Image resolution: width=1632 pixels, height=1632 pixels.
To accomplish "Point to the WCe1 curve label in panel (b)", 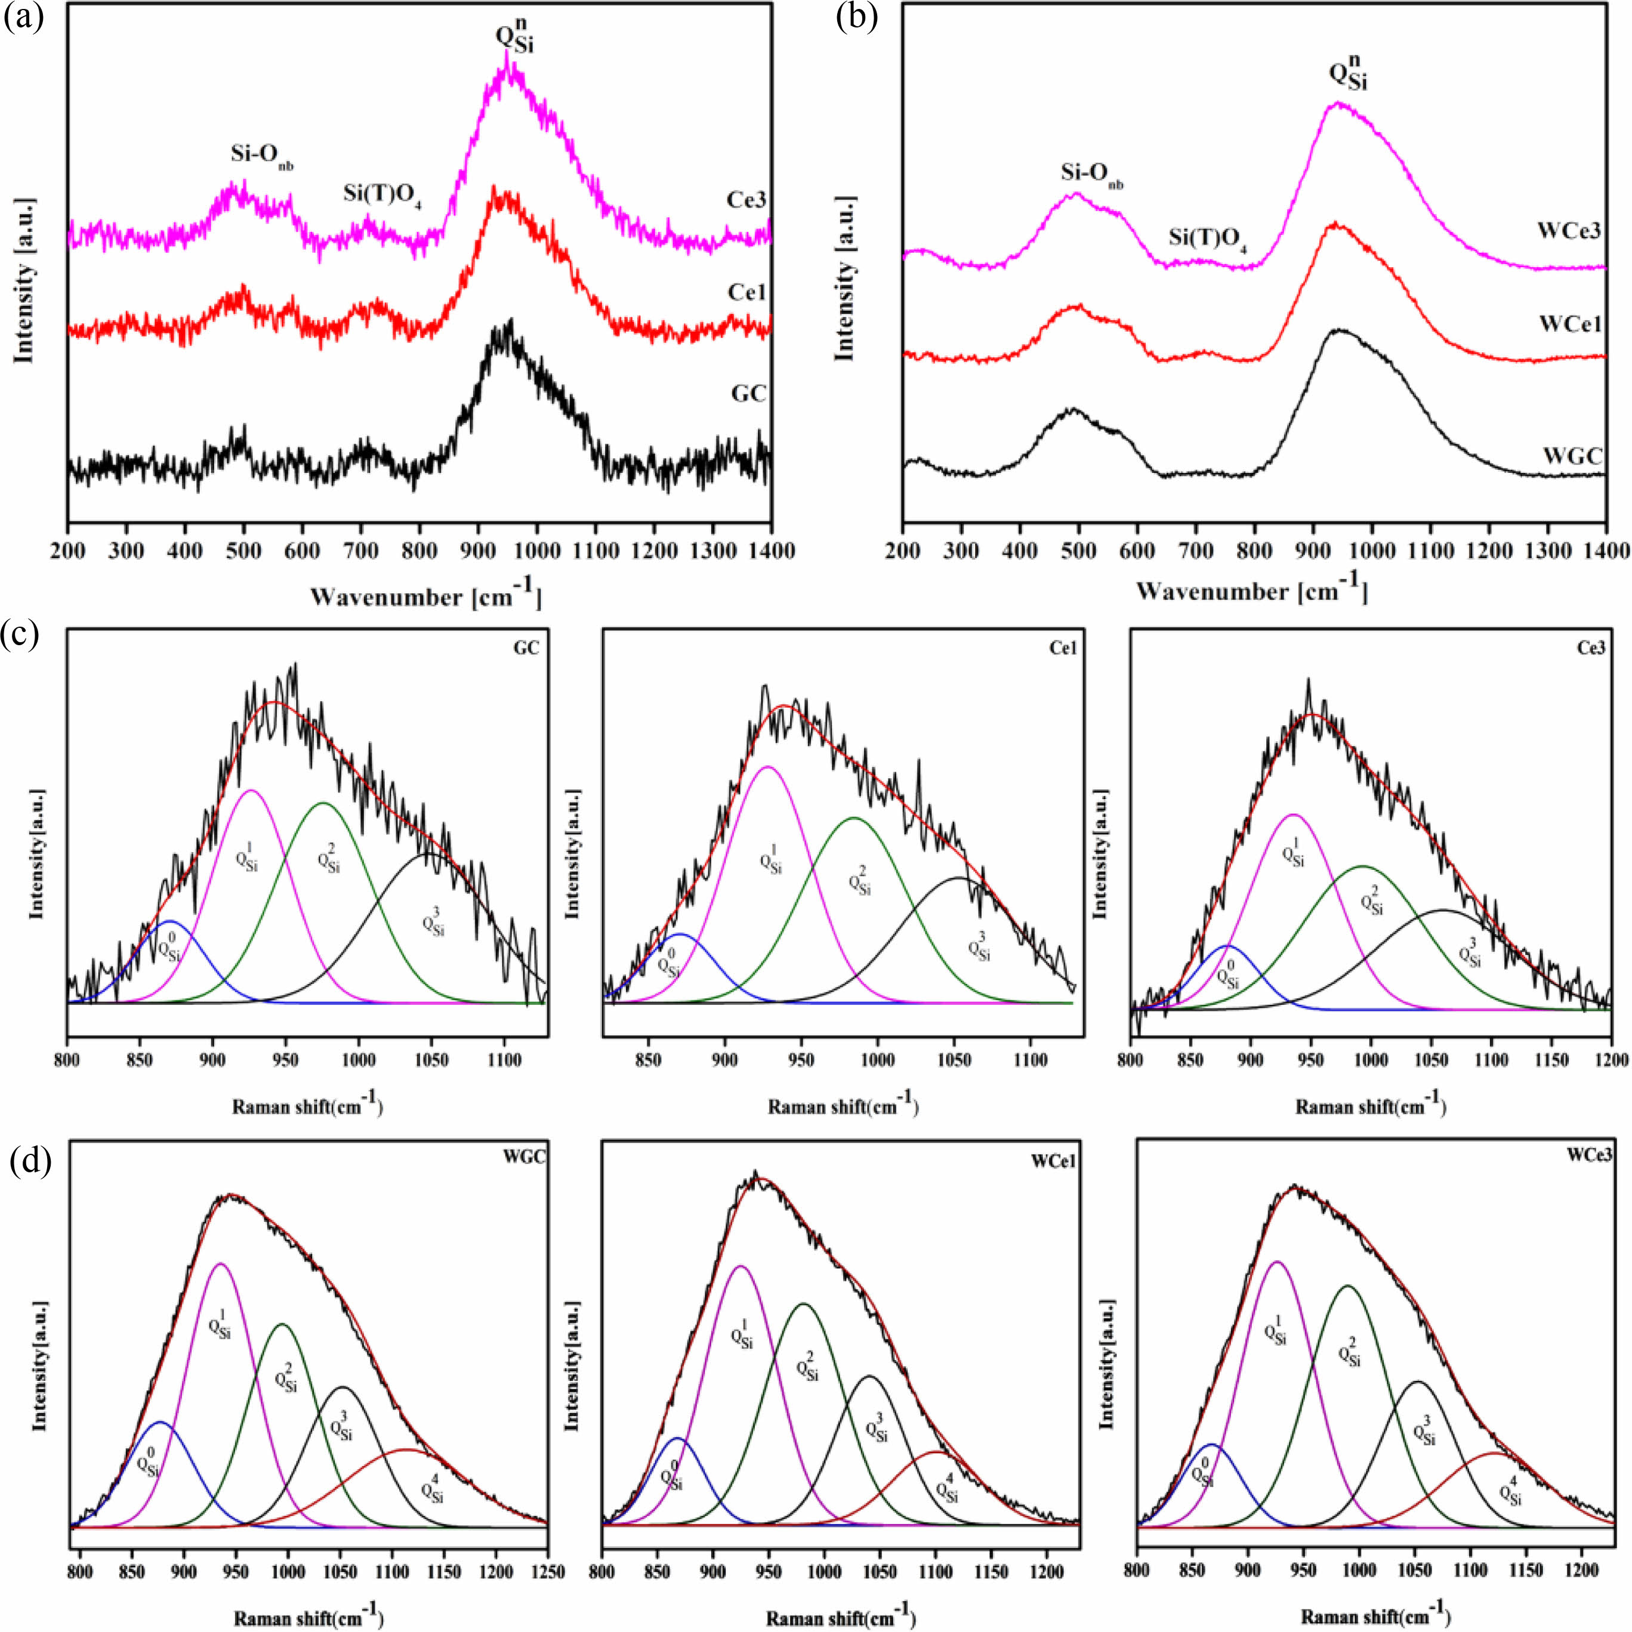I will coord(1569,324).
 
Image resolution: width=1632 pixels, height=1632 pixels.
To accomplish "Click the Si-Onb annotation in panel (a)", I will coord(262,154).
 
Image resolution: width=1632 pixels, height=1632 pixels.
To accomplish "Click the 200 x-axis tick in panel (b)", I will coord(903,551).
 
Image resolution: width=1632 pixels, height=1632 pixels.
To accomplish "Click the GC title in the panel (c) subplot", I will coord(526,648).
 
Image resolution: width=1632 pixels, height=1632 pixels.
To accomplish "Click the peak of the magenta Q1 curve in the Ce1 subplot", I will coord(767,766).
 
